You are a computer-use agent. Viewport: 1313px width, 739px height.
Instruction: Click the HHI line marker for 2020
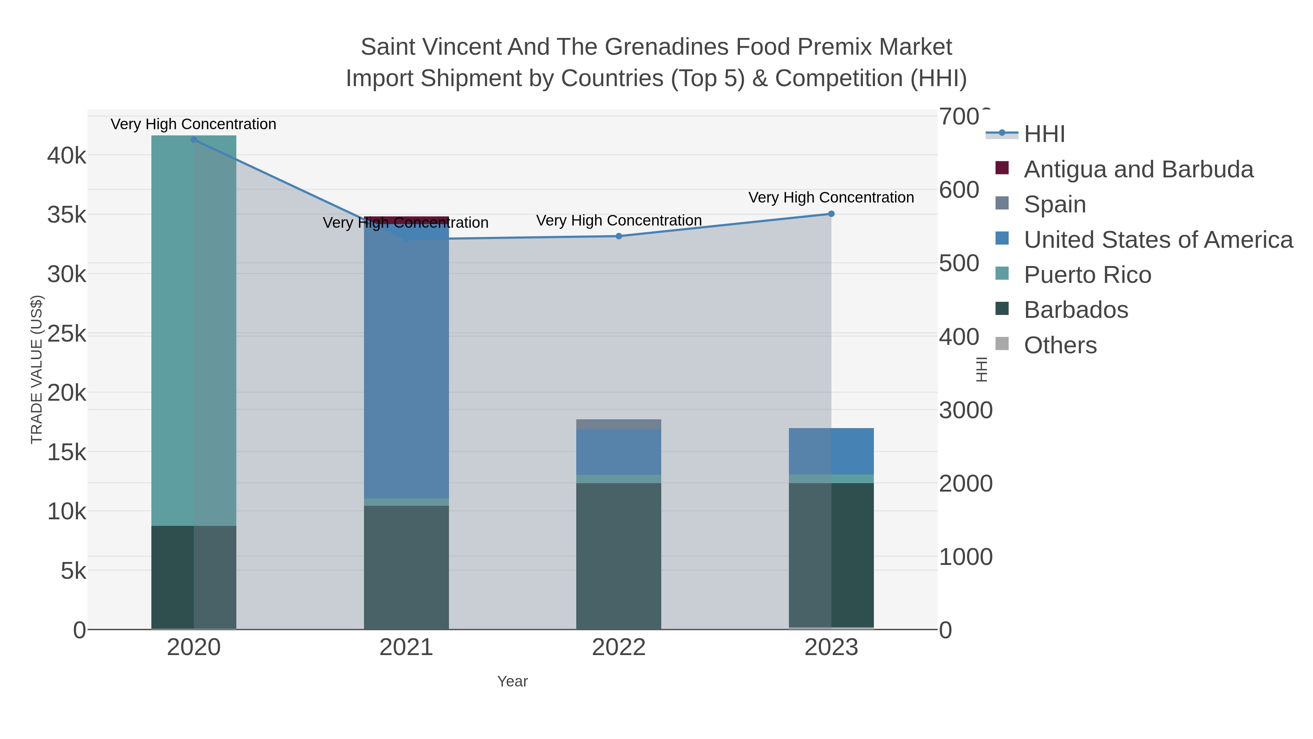(194, 140)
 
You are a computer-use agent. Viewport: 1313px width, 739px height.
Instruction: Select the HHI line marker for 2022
(619, 236)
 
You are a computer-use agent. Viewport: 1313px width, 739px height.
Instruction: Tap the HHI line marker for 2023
(831, 214)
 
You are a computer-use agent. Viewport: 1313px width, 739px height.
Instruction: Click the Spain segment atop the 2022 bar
(619, 424)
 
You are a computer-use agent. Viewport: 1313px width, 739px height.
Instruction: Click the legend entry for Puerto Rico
(1087, 275)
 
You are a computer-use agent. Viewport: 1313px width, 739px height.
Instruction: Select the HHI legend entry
(1044, 134)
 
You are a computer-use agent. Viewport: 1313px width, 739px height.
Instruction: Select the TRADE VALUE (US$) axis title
(37, 369)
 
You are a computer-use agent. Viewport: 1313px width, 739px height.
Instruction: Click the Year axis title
(512, 681)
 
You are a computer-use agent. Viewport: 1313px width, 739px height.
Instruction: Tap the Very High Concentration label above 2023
(831, 197)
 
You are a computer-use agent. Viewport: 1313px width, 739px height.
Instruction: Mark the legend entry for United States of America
(1158, 240)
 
